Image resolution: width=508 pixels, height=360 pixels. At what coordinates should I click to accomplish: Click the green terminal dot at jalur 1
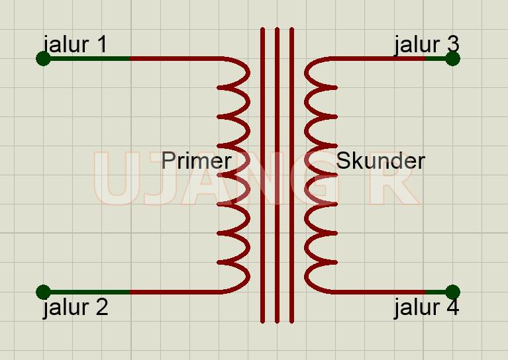coord(43,59)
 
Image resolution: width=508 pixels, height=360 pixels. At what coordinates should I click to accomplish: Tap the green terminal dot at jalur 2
coord(43,292)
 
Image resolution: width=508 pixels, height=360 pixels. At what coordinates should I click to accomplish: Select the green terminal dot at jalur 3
coord(452,59)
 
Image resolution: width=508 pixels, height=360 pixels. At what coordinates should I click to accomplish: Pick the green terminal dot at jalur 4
coord(452,292)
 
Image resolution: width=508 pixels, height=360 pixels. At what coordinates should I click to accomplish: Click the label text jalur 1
coord(75,44)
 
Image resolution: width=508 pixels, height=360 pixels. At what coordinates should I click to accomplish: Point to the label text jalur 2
coord(75,308)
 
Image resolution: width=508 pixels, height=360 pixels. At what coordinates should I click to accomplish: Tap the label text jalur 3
coord(426,44)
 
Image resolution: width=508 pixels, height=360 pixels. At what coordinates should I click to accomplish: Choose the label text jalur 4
coord(426,308)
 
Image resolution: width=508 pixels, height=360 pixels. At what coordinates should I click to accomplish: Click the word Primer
coord(196,161)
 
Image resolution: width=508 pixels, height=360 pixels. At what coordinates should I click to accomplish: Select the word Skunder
coord(380,161)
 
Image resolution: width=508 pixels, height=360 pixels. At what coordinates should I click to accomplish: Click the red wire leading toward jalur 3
coord(378,59)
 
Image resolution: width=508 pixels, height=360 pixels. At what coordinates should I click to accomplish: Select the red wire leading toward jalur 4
coord(378,292)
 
